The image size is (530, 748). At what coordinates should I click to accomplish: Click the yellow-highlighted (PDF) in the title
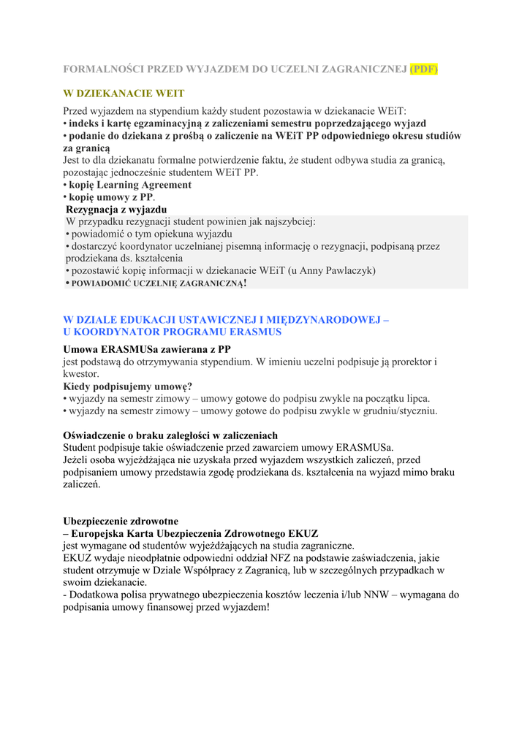tap(423, 69)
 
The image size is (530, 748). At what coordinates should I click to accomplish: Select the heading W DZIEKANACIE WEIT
tap(124, 93)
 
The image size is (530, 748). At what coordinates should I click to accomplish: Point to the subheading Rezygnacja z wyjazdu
tap(116, 210)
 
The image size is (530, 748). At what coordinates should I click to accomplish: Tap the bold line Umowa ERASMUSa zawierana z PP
tap(147, 349)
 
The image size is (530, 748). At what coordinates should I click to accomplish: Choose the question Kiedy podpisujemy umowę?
tap(128, 386)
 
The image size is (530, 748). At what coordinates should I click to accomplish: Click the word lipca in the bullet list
tap(416, 398)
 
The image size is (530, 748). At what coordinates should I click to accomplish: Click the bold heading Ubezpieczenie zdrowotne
tap(121, 522)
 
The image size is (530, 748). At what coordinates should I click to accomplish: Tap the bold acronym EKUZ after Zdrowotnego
tap(303, 533)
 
